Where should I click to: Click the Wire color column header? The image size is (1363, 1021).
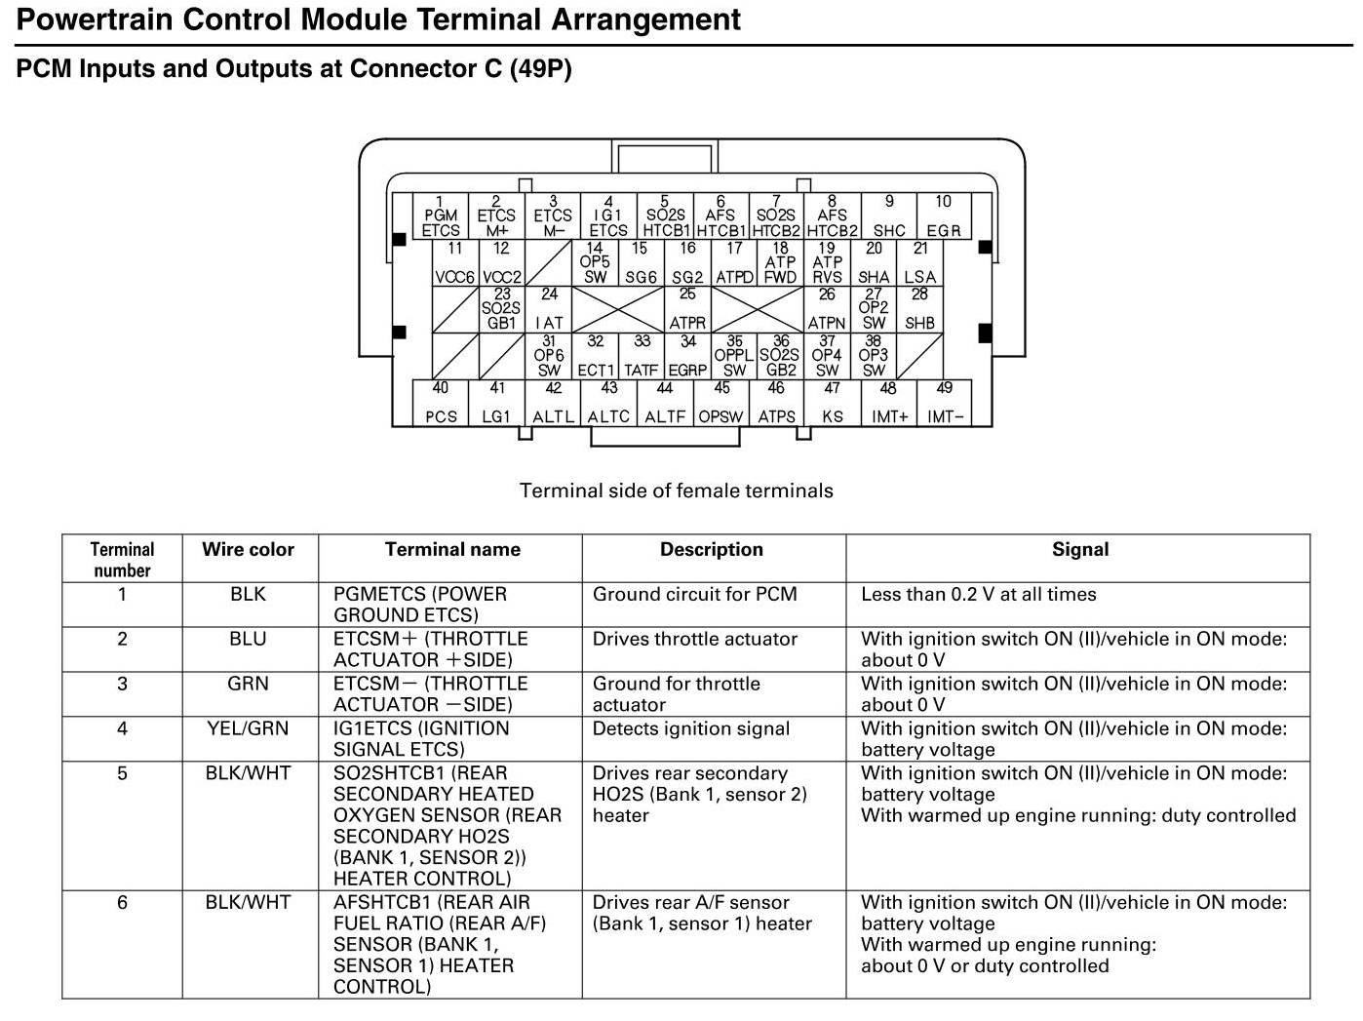click(248, 549)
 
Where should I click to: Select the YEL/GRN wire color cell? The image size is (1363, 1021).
click(248, 728)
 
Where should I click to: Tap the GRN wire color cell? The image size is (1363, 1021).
click(248, 684)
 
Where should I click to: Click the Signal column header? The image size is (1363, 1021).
click(1079, 549)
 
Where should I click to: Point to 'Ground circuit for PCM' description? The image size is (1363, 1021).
click(694, 594)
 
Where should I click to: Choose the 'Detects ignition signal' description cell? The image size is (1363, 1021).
click(690, 728)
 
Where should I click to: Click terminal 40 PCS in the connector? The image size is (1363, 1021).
click(441, 404)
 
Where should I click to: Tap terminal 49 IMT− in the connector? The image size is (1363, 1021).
click(945, 404)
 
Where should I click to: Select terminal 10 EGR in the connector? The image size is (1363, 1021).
click(943, 216)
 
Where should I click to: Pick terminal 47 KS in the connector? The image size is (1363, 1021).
click(832, 404)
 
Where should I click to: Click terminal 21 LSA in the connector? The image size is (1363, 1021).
click(919, 263)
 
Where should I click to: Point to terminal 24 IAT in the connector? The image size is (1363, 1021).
click(549, 309)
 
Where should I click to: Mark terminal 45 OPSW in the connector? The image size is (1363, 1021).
click(720, 404)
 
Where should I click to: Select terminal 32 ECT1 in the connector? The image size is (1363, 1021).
click(595, 357)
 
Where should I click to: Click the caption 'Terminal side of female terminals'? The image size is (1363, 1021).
click(676, 491)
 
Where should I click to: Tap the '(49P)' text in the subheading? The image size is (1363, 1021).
click(540, 68)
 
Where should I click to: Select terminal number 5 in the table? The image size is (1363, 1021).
click(122, 773)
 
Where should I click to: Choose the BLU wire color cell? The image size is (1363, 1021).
click(248, 639)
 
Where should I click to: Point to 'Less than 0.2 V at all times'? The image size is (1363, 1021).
click(978, 594)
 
